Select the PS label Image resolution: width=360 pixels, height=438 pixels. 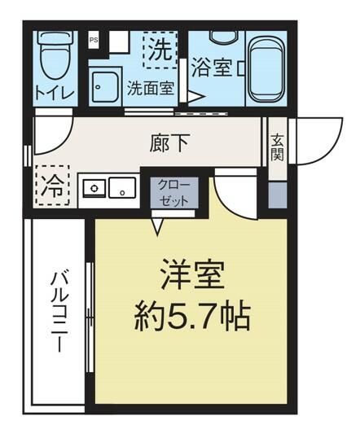(93, 38)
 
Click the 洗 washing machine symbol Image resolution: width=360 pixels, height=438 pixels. (160, 50)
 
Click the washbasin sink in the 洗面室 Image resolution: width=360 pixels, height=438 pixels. (107, 84)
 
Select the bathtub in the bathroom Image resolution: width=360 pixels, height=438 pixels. (265, 70)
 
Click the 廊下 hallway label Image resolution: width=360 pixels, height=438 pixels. (171, 143)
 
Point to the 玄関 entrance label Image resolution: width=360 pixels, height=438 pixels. (277, 147)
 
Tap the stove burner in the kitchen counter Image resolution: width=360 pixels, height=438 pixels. (94, 189)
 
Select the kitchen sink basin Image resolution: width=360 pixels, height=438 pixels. (122, 189)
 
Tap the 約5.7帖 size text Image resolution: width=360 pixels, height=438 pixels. (191, 314)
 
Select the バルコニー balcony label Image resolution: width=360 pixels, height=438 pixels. (59, 313)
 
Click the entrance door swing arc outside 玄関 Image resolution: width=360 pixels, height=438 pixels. (314, 138)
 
